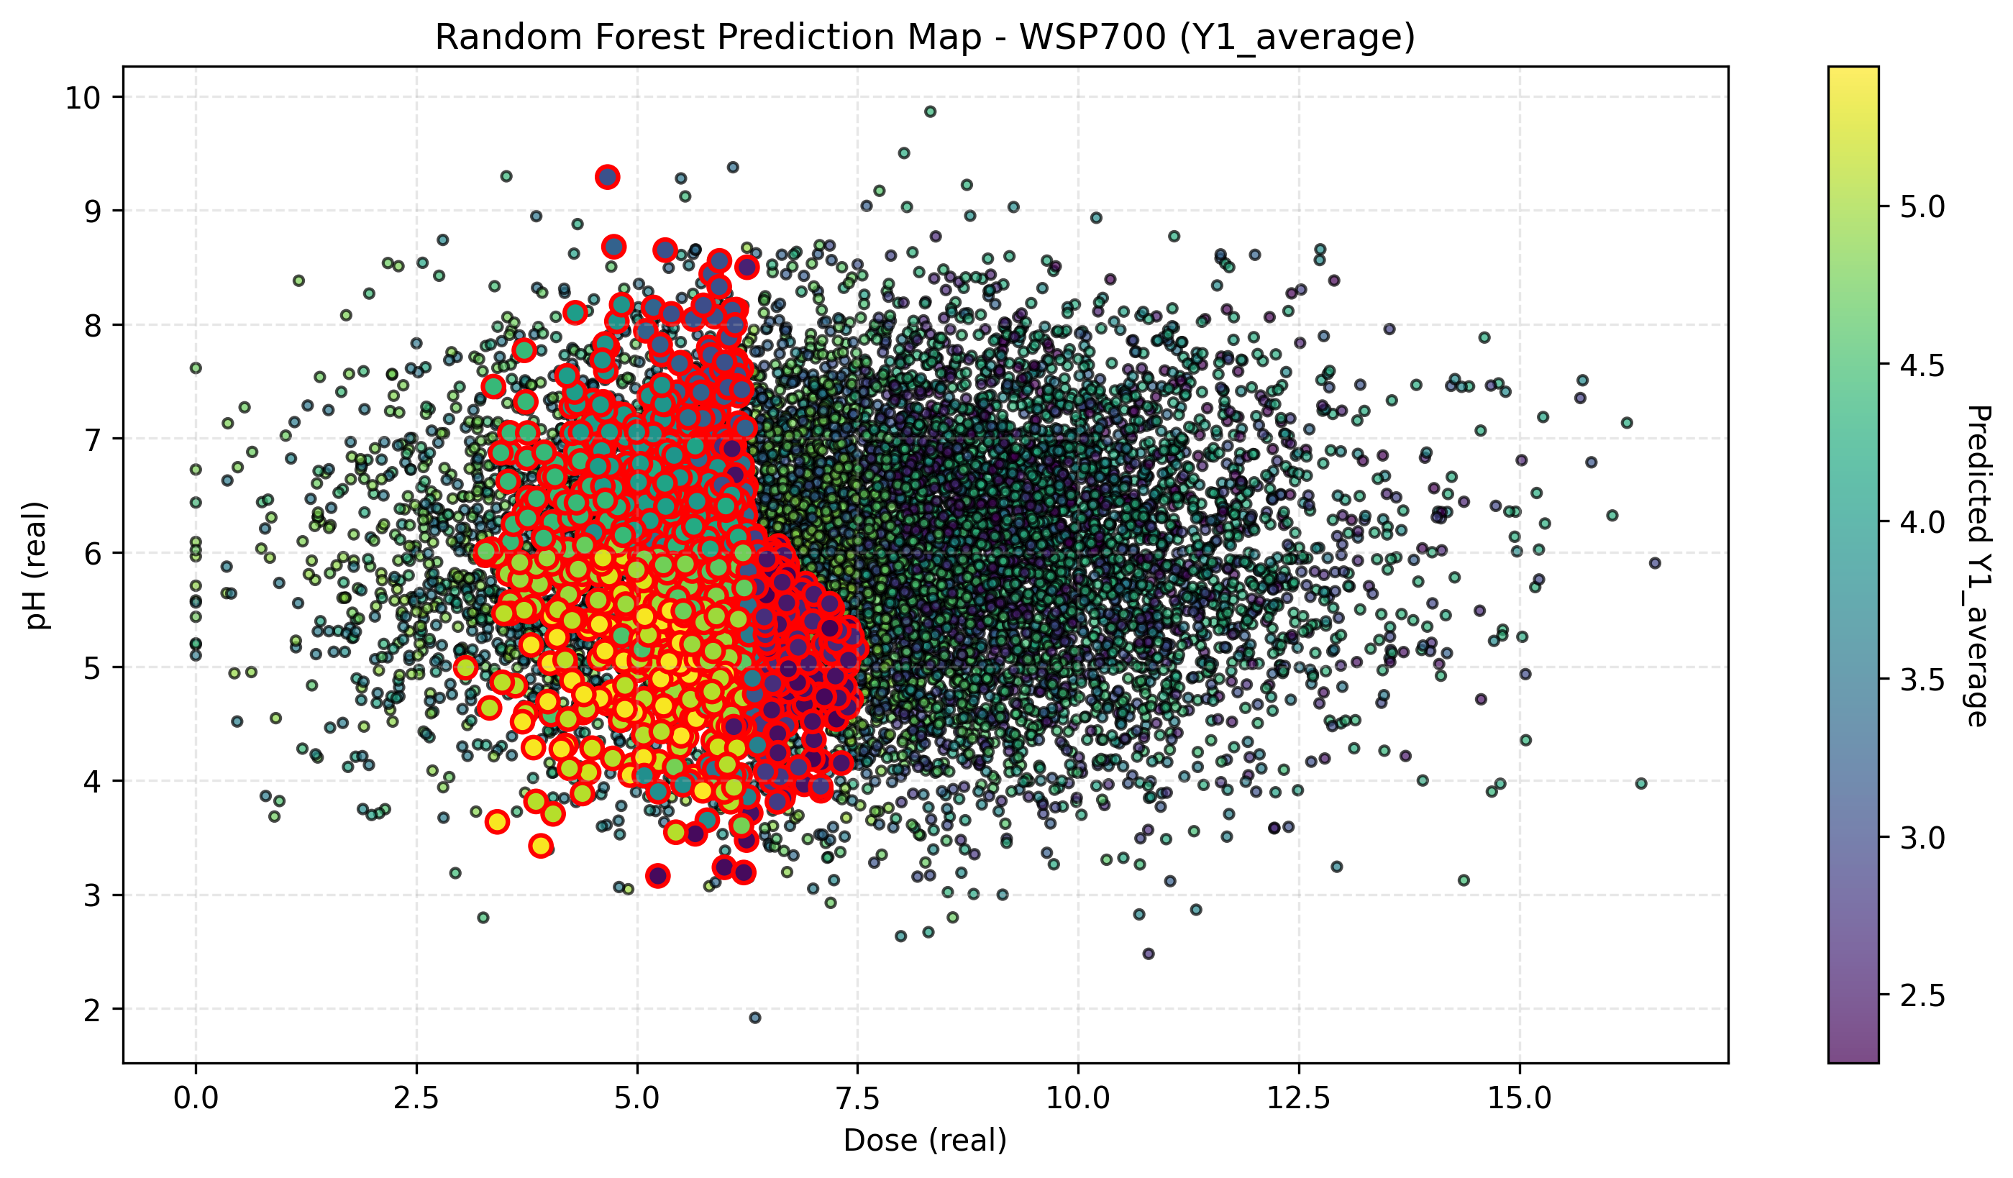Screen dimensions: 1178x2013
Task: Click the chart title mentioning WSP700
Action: click(924, 37)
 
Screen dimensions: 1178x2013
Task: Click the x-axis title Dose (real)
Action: click(924, 1140)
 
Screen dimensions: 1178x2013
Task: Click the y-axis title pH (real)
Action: click(36, 565)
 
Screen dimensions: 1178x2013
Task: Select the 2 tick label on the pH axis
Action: click(92, 1010)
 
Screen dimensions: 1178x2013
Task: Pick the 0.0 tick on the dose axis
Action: click(196, 1098)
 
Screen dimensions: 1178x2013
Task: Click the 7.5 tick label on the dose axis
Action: click(857, 1098)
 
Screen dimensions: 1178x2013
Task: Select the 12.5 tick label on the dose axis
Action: click(1298, 1098)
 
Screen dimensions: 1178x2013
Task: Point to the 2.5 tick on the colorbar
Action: click(1922, 996)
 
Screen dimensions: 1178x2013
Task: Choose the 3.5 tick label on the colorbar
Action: click(1922, 680)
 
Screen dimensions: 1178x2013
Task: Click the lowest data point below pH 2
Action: click(755, 1018)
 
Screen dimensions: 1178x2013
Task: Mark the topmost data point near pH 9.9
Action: click(930, 111)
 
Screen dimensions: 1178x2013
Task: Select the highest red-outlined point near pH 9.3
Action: click(607, 176)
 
